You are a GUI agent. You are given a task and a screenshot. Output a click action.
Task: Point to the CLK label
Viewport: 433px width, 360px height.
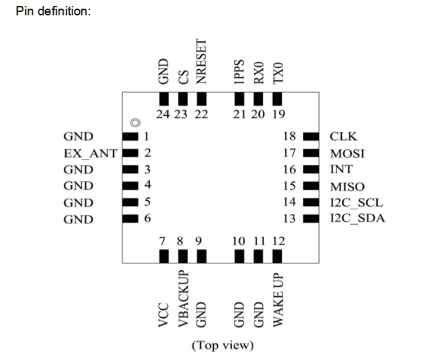(344, 137)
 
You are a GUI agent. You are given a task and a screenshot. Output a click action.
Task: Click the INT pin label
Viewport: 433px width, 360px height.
(341, 169)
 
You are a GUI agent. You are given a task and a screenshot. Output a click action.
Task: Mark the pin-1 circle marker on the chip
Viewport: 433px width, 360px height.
(135, 123)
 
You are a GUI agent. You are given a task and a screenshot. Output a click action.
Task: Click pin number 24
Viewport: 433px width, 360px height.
(163, 114)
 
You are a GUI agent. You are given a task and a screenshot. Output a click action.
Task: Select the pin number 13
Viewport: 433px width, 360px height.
(288, 219)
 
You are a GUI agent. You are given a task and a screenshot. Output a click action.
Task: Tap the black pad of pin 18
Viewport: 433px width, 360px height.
(310, 137)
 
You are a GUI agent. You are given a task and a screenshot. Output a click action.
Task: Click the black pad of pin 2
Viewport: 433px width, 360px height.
(129, 153)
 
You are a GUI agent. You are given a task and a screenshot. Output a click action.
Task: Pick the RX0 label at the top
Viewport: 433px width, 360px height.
(260, 73)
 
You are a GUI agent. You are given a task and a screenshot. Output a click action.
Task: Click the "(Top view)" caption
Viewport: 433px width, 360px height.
(222, 345)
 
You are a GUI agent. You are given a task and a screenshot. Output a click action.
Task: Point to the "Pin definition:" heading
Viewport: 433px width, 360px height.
(53, 13)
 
